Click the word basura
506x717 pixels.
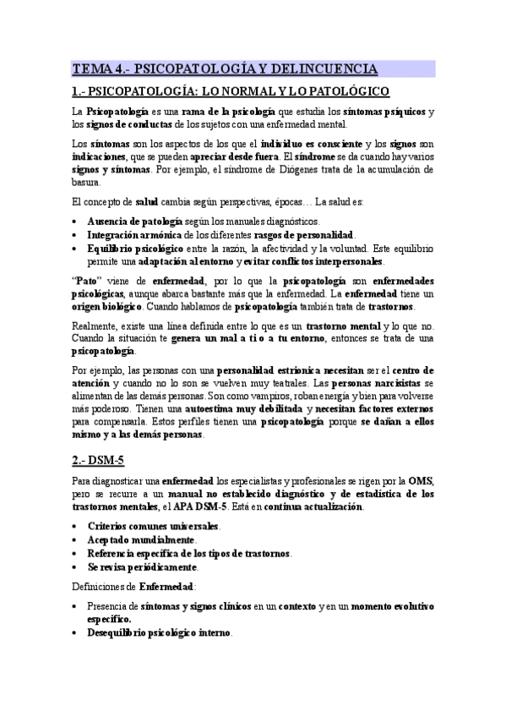85,182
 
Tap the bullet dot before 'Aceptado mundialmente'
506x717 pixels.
76,539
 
